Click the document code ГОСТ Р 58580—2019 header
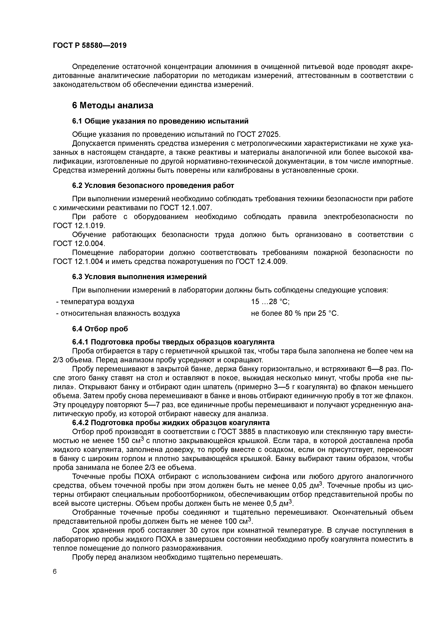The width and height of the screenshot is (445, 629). click(90, 45)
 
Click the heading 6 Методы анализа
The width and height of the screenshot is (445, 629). click(112, 105)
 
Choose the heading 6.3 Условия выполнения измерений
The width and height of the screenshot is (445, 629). click(139, 277)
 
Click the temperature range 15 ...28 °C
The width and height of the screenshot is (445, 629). click(270, 302)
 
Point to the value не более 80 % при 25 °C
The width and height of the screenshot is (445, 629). click(295, 313)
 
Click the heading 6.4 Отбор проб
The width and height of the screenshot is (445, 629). click(100, 328)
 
